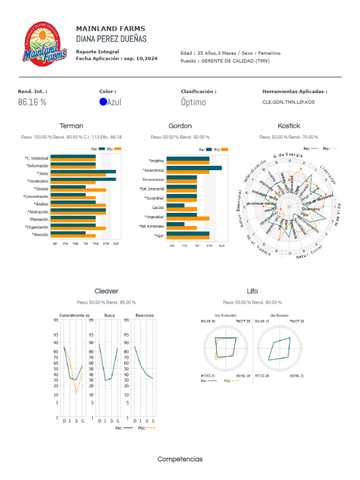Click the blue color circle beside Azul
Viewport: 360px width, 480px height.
click(103, 102)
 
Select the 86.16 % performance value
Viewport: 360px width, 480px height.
click(32, 102)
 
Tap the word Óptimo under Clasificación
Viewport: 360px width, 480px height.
click(193, 102)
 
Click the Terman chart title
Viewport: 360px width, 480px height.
click(71, 126)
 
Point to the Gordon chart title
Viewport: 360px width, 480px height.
click(180, 126)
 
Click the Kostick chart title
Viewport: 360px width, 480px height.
click(289, 126)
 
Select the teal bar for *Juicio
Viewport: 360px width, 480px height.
click(83, 172)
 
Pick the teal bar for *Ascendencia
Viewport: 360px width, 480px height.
click(194, 168)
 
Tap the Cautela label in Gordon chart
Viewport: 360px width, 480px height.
click(158, 207)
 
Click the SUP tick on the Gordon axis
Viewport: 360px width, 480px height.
click(222, 246)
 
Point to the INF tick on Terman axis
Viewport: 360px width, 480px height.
click(55, 244)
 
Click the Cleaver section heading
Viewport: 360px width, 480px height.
click(106, 291)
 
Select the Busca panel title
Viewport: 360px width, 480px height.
click(109, 315)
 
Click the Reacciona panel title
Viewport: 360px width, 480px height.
click(144, 315)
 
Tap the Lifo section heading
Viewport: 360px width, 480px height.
click(252, 291)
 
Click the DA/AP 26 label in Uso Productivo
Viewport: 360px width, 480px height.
click(208, 321)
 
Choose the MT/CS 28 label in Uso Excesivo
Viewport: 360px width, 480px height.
click(261, 376)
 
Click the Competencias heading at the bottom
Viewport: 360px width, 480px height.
click(180, 459)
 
